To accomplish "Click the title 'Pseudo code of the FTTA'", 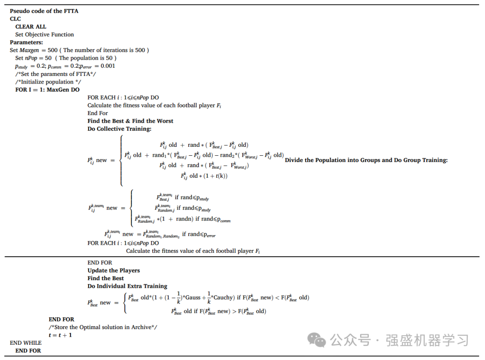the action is (44, 11).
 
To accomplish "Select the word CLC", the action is (15, 19).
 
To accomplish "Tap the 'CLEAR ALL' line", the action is (31, 26).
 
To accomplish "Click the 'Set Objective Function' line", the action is (44, 35).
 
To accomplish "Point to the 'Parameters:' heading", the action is (26, 42).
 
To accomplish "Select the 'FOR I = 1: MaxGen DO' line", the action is (47, 90).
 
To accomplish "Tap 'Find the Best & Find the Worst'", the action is (130, 121).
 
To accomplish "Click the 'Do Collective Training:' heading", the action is (119, 129).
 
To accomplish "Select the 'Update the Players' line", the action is (114, 270).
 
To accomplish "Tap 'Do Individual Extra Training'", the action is (127, 286).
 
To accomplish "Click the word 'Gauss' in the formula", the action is (194, 298).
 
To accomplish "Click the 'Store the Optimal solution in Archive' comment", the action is (103, 327).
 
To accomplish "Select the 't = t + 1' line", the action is (60, 335).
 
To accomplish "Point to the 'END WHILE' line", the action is (26, 343).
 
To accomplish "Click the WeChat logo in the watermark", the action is (320, 340).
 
